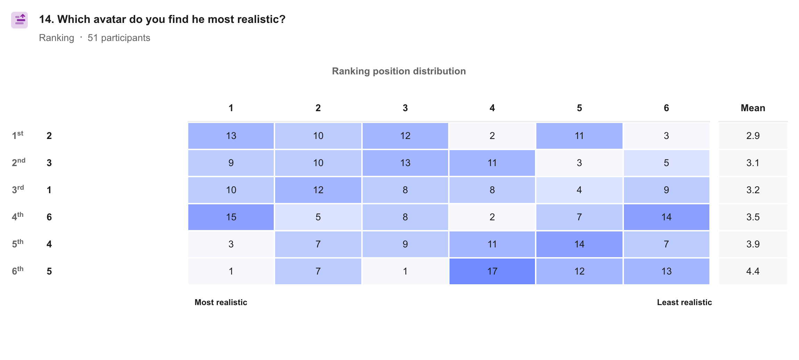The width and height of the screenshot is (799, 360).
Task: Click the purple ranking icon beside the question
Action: coord(19,20)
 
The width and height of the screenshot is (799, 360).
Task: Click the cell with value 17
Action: coord(492,271)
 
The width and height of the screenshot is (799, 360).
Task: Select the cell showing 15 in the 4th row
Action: coord(231,217)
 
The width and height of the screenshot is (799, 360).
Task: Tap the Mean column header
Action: coord(753,108)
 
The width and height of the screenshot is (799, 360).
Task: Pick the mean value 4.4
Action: coord(753,271)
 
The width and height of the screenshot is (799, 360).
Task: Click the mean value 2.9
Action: coord(753,136)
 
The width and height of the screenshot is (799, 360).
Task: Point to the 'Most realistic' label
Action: coord(221,302)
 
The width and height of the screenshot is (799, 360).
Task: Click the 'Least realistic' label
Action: coord(684,302)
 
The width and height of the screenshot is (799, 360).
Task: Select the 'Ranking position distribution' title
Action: coord(399,71)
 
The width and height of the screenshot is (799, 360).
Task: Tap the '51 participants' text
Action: coord(119,38)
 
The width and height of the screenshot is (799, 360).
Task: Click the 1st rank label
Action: coord(18,135)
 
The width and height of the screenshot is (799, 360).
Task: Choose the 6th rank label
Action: coord(18,270)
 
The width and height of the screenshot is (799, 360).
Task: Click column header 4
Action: coord(492,108)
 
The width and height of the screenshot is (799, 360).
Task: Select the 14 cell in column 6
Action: coord(666,217)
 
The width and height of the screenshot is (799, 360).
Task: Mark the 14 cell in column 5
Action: coord(579,244)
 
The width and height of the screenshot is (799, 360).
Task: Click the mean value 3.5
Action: coord(753,217)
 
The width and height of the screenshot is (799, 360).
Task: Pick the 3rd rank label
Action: coord(18,189)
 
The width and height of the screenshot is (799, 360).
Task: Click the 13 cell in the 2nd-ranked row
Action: coord(405,163)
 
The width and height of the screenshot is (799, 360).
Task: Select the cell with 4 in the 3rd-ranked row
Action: coord(579,190)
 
